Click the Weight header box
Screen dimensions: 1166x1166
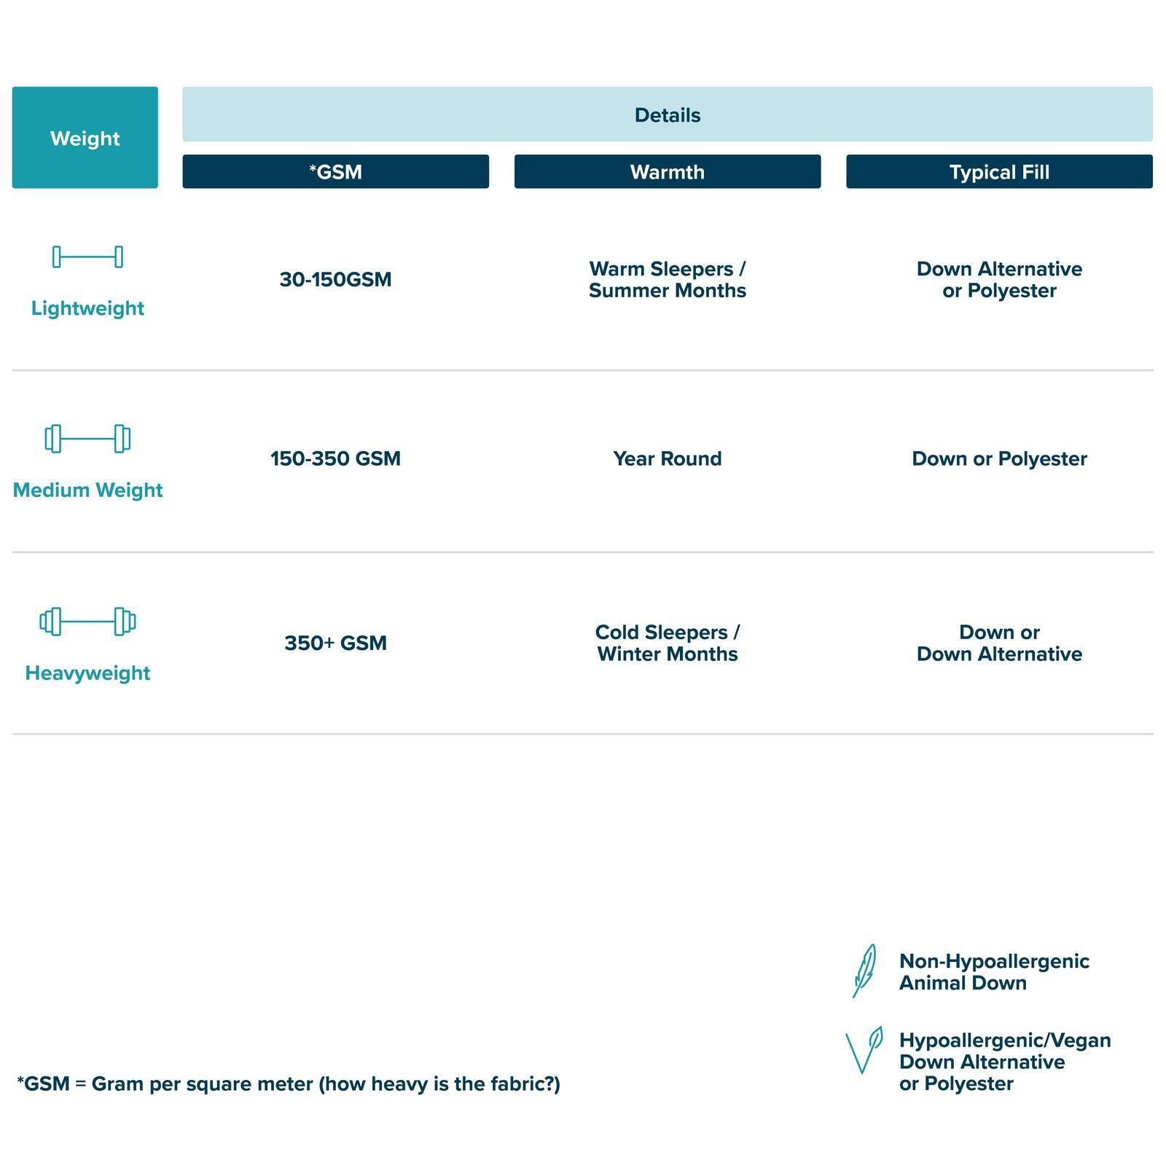85,138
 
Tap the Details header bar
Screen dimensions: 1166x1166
667,114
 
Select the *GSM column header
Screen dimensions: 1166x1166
335,172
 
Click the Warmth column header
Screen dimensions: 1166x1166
667,172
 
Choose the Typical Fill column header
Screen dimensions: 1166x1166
999,172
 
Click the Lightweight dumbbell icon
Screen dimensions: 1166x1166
87,257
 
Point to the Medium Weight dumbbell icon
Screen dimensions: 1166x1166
87,439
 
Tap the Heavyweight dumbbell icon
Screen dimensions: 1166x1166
87,622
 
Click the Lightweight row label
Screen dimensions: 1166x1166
87,308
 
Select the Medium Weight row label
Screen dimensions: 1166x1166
87,490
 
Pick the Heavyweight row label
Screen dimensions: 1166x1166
87,673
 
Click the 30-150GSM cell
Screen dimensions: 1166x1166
335,279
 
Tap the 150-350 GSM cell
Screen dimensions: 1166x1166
335,458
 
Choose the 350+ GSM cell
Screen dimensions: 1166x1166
335,643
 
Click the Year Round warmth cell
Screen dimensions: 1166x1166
667,458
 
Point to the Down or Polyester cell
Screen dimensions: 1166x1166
999,459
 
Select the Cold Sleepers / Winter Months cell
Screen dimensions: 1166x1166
667,643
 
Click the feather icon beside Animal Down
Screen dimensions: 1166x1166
864,971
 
